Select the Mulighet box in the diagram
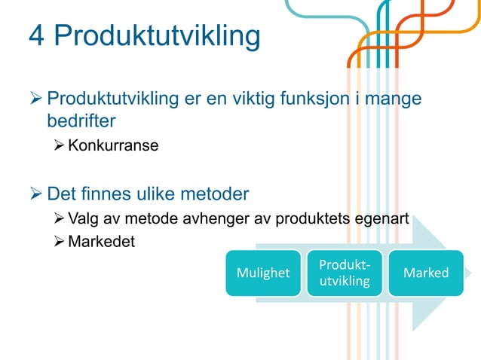click(263, 273)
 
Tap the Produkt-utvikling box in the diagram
click(344, 273)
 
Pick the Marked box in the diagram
click(426, 273)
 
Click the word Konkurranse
click(113, 145)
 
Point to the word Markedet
click(102, 242)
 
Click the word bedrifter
click(81, 121)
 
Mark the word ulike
click(155, 194)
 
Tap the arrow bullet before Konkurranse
click(60, 145)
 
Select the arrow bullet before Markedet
click(60, 242)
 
